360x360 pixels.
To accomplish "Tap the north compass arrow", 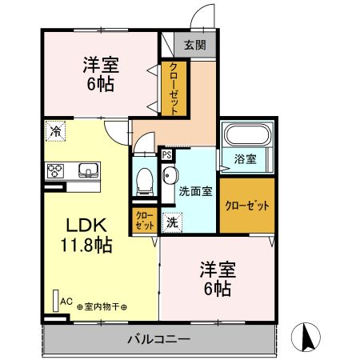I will point(306,337).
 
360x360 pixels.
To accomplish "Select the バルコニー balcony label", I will point(158,339).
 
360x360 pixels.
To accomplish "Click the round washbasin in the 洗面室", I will point(170,176).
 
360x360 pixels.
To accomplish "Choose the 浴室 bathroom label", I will point(246,158).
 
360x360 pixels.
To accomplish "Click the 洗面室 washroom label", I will point(194,192).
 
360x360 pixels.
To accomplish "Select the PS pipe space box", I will point(167,155).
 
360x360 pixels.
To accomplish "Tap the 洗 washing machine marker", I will point(171,223).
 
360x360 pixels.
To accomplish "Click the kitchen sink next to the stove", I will point(86,170).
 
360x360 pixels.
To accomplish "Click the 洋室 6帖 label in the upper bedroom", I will point(100,71).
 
